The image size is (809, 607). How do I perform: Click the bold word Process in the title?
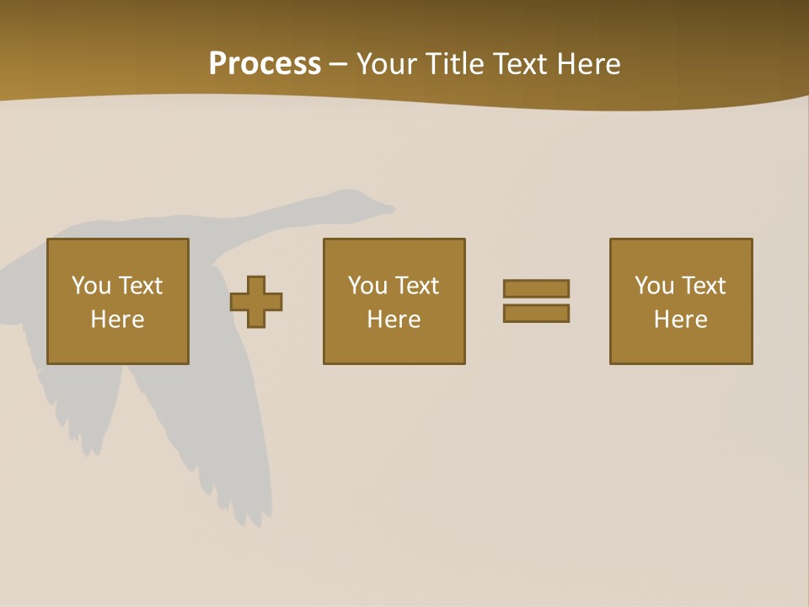(265, 64)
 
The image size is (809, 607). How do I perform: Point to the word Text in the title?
(522, 64)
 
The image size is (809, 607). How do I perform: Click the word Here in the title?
(589, 64)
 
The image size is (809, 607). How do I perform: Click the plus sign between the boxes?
(256, 302)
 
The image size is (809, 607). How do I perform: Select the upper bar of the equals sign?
(536, 289)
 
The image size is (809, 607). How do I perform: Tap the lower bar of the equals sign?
(536, 314)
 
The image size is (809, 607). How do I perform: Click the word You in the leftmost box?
(91, 286)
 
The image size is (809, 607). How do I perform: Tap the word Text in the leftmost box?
(140, 286)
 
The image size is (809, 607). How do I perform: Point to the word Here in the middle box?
(394, 320)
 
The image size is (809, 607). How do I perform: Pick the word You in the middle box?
(367, 286)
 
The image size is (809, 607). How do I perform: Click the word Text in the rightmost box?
(703, 286)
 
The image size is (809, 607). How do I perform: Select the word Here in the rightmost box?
(681, 320)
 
